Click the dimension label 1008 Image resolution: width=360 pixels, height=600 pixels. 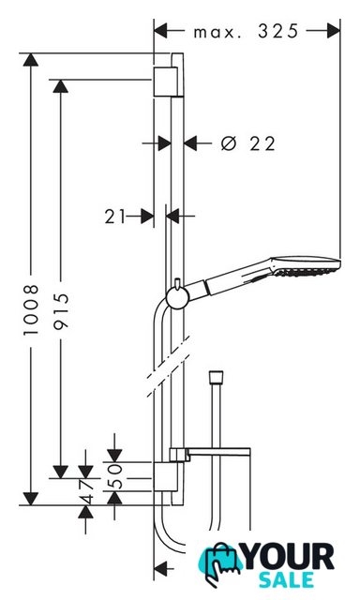[x=31, y=310]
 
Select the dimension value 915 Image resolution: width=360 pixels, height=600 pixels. [x=61, y=311]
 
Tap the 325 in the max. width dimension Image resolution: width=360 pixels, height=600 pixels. [x=277, y=31]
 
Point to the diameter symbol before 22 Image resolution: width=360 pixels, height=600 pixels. [x=229, y=143]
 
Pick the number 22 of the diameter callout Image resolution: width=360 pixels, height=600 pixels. [x=262, y=143]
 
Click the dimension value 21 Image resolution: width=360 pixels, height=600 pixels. [x=115, y=217]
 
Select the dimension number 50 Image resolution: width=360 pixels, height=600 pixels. [x=115, y=476]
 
